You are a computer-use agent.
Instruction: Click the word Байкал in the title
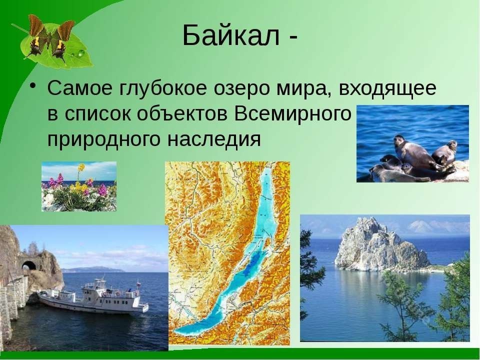[x=231, y=35]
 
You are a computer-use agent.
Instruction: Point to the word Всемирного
[x=292, y=114]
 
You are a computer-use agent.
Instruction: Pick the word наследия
[x=214, y=140]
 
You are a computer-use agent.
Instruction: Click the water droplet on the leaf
[x=80, y=53]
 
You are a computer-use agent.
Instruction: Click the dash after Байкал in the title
[x=292, y=39]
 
